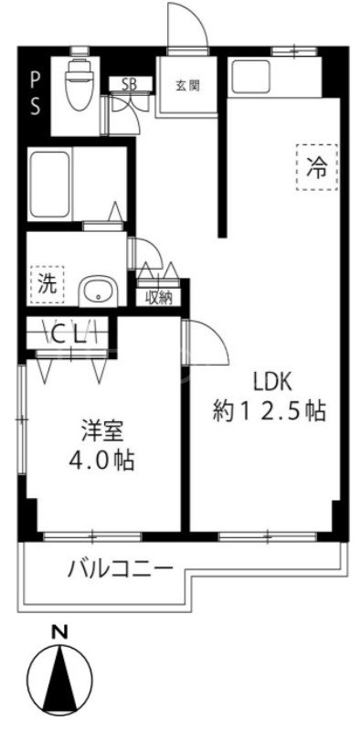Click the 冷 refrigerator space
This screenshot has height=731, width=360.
tap(317, 166)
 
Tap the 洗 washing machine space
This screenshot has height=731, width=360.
tap(46, 282)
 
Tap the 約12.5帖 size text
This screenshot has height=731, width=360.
tap(270, 411)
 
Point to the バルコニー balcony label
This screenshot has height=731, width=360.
tap(120, 569)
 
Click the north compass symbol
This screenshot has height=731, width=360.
tap(61, 678)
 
